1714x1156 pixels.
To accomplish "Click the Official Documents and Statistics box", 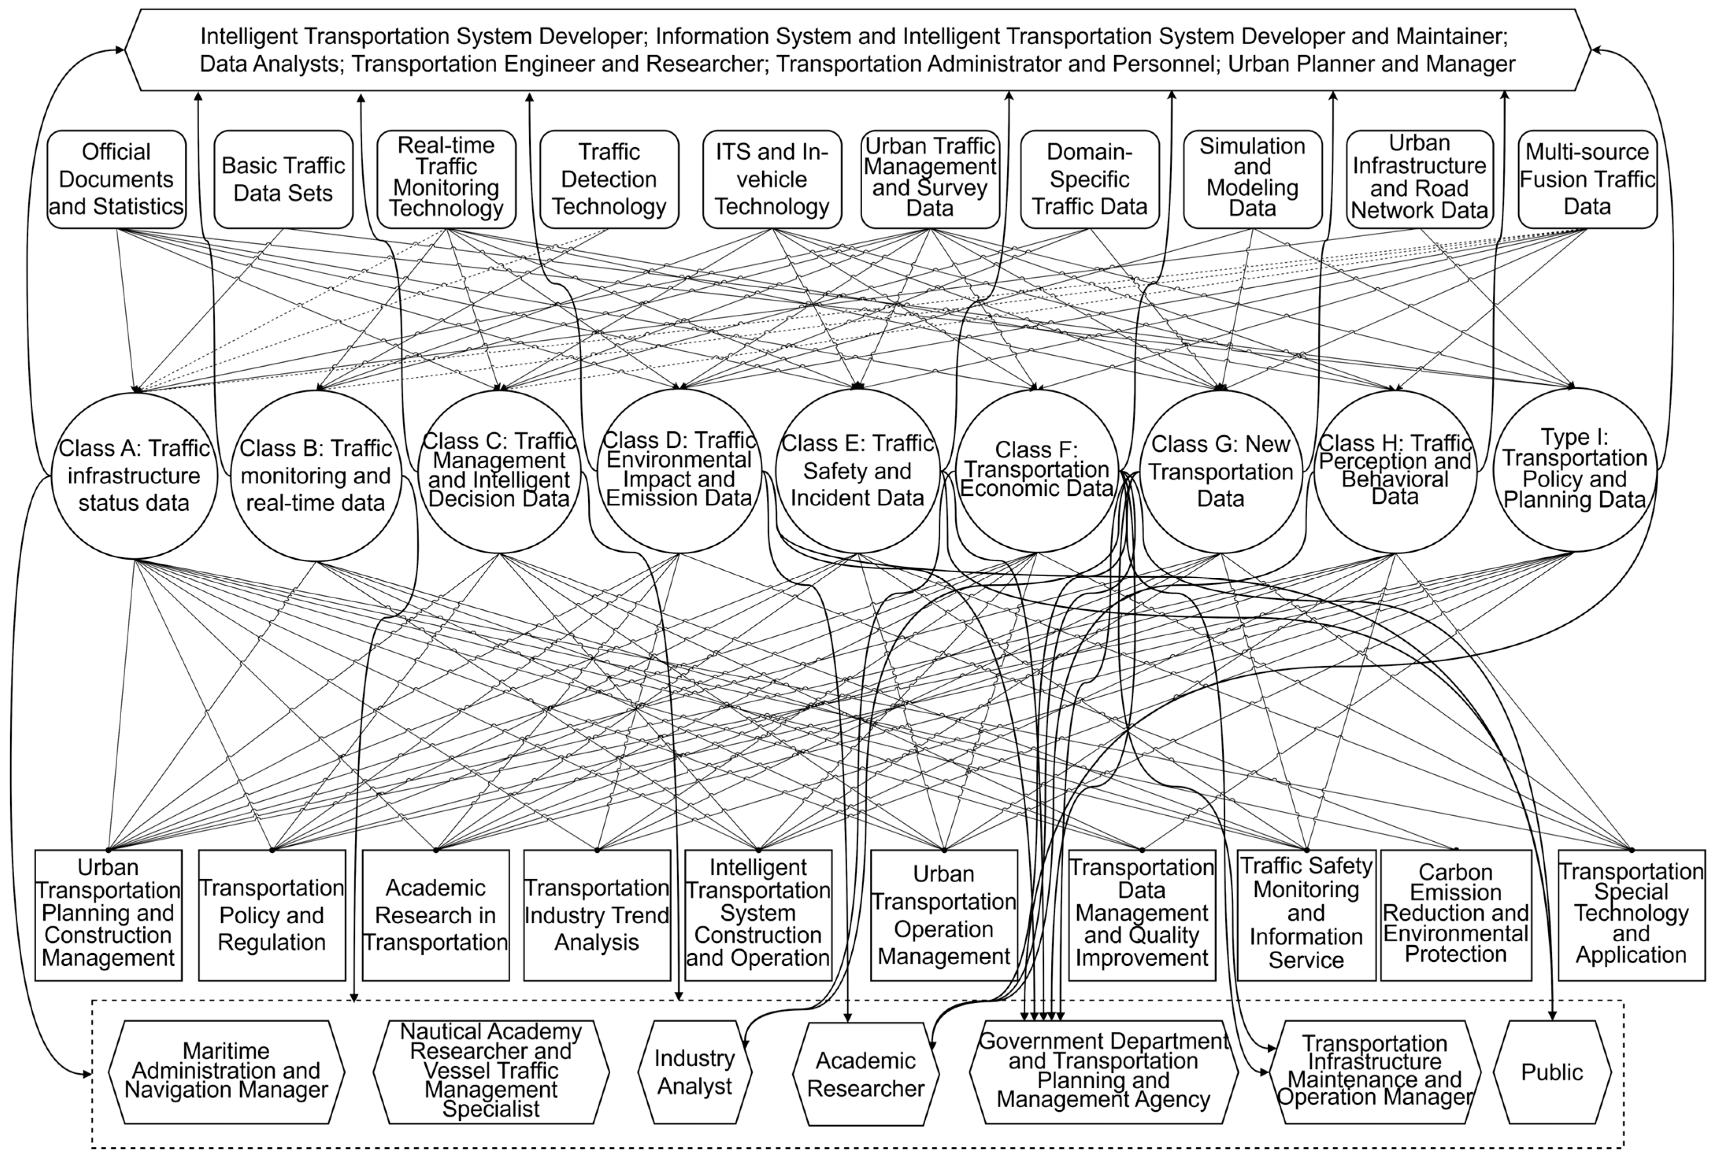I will (117, 179).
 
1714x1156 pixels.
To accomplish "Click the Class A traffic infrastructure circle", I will (134, 475).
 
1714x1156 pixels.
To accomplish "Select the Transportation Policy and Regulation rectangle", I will (272, 915).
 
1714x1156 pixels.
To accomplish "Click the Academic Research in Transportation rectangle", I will (435, 915).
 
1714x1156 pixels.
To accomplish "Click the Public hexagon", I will (1552, 1072).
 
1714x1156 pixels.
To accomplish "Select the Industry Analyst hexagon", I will (695, 1072).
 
